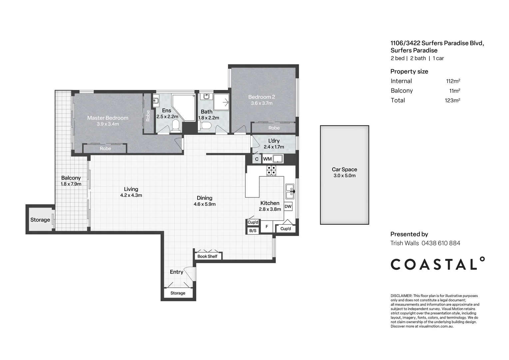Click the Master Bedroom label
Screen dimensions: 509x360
point(108,118)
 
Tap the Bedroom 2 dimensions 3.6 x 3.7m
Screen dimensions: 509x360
point(261,103)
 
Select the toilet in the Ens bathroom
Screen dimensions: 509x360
point(176,126)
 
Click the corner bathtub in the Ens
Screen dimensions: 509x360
point(184,108)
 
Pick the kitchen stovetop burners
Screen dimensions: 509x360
point(271,170)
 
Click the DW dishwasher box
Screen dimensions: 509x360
point(288,206)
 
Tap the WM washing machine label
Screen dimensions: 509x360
point(267,159)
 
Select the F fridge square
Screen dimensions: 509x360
point(266,227)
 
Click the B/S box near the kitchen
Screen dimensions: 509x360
point(253,231)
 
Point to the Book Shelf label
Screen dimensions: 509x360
point(207,256)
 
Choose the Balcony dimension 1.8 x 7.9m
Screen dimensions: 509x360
point(71,184)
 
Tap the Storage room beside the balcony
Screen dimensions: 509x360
point(40,220)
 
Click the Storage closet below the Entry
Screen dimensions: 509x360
point(178,293)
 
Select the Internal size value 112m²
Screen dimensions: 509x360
point(453,81)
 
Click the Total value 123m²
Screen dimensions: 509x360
point(452,100)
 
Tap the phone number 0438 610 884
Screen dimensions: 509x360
point(441,243)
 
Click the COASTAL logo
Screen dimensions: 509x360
point(437,264)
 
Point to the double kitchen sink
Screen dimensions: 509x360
point(290,191)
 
